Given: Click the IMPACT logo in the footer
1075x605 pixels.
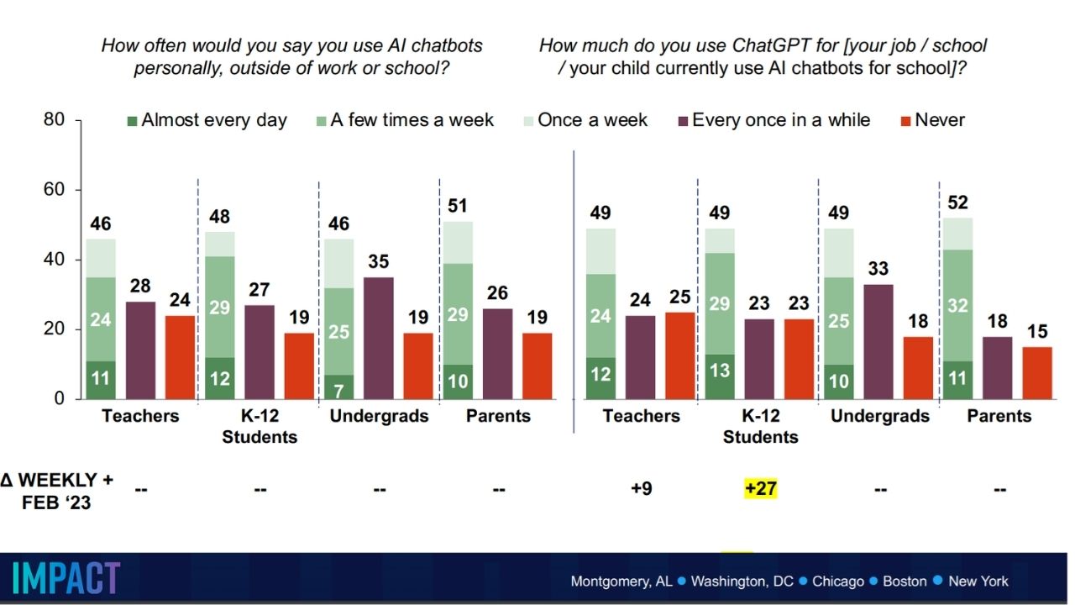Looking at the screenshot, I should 66,578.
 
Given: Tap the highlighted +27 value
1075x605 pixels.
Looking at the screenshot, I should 760,488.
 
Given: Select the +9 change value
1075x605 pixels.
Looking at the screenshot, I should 642,488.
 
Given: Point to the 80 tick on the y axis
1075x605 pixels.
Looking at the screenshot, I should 55,120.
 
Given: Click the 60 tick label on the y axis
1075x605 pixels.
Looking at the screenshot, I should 55,190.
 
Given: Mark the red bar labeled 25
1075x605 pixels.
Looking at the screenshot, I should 680,355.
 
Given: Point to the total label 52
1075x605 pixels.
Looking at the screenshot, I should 958,203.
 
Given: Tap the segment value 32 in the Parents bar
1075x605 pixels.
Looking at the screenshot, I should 958,306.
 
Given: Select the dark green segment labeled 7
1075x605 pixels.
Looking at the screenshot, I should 340,387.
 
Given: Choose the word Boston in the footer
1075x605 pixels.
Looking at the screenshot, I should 904,581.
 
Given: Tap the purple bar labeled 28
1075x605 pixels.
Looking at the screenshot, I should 140,350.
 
